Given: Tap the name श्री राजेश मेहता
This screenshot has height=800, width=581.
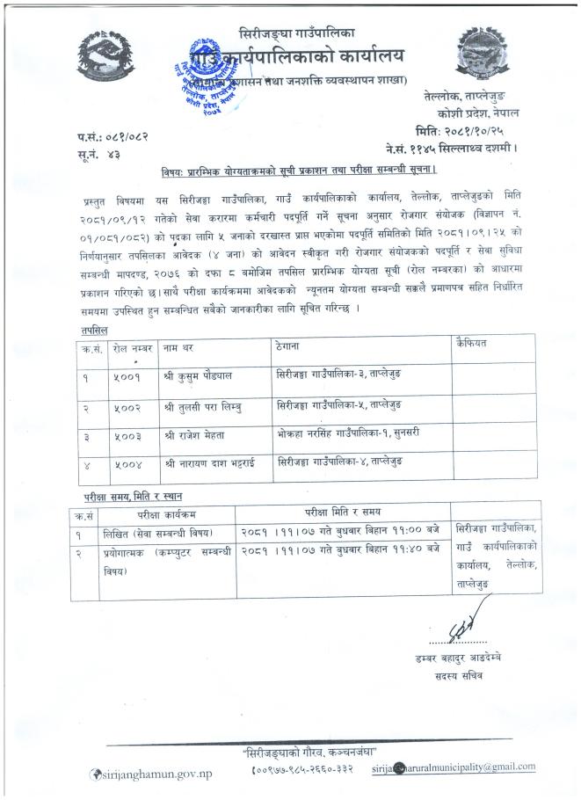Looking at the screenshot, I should [x=197, y=436].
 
